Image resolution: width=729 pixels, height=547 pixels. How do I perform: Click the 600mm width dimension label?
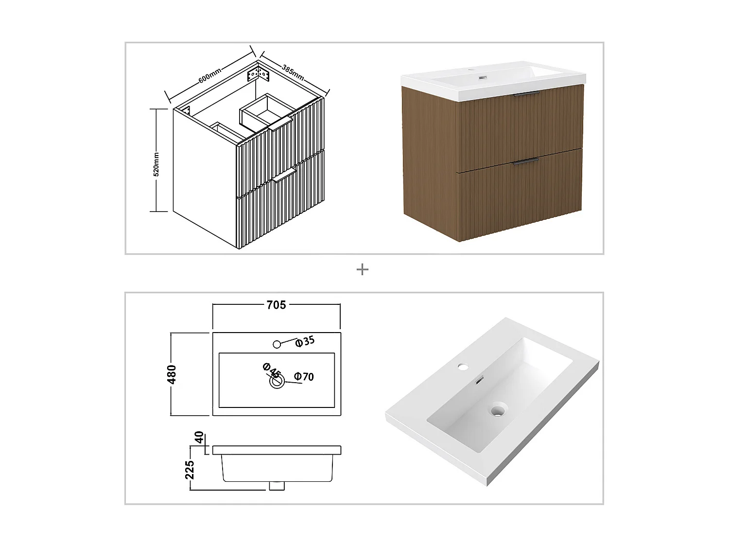coord(210,76)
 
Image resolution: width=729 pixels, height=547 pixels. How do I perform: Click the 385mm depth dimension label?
coord(293,71)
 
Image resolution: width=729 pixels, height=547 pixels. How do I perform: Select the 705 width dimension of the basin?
coord(276,305)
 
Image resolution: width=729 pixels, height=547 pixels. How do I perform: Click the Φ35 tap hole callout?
coord(305,342)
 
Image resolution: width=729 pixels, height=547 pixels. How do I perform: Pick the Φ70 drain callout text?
coord(304,376)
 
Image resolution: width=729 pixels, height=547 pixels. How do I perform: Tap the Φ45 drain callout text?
coord(272,371)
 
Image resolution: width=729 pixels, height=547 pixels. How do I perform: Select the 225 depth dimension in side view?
coord(190,470)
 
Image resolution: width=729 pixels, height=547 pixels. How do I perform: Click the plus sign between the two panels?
coord(362,269)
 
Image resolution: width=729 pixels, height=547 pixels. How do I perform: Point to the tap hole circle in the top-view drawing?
coord(277,344)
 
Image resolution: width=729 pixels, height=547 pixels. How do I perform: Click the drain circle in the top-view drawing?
coord(277,382)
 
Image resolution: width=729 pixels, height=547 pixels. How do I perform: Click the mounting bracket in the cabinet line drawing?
coord(258,74)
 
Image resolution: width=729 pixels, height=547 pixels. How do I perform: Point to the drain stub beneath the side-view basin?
coord(277,485)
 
